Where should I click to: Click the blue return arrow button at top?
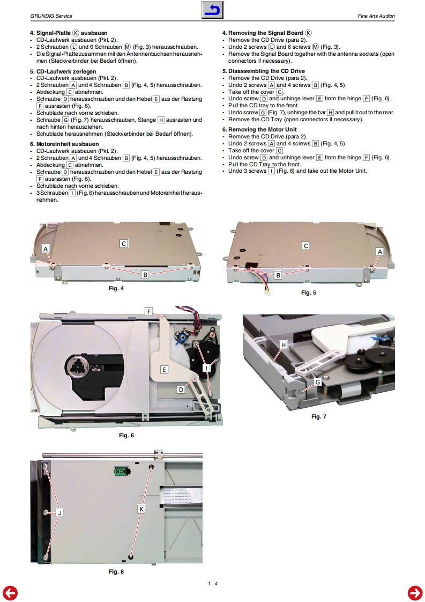tap(212, 10)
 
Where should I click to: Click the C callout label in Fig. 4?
tap(123, 244)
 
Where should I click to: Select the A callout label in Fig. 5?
tap(380, 252)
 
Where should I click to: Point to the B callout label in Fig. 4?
tap(145, 275)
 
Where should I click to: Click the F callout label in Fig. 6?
tap(149, 311)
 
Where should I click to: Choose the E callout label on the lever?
tap(164, 369)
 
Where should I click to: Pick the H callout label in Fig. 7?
tap(284, 345)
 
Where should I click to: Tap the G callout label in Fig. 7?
tap(318, 382)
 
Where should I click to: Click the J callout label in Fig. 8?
tap(59, 512)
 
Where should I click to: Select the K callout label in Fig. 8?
tap(141, 509)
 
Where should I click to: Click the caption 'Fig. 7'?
tap(319, 416)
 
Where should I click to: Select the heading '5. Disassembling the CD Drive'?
tap(264, 71)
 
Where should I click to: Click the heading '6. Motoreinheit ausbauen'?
tap(64, 144)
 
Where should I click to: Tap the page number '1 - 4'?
tap(212, 584)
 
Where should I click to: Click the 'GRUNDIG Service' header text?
tap(51, 16)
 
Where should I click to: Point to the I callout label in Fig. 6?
tap(206, 368)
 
